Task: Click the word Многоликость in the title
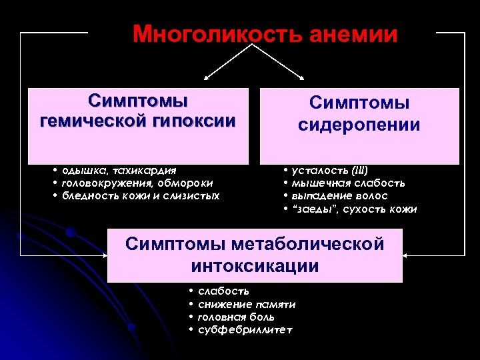click(218, 34)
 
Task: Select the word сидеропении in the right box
click(359, 125)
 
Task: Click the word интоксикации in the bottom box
click(255, 267)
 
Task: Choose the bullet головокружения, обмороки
click(137, 183)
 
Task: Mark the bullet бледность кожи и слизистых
click(141, 195)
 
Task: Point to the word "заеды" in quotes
click(311, 209)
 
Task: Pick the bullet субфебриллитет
click(245, 331)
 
